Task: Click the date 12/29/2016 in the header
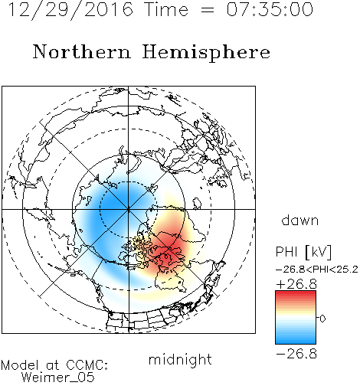pyautogui.click(x=70, y=10)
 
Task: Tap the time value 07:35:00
pyautogui.click(x=270, y=10)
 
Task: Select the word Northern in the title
pyautogui.click(x=82, y=51)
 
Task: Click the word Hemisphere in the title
pyautogui.click(x=206, y=53)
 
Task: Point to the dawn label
pyautogui.click(x=300, y=221)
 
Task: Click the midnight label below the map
pyautogui.click(x=180, y=360)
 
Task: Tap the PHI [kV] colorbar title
pyautogui.click(x=303, y=252)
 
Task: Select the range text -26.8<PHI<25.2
pyautogui.click(x=317, y=270)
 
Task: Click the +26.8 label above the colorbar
pyautogui.click(x=296, y=284)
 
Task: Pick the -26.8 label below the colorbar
pyautogui.click(x=296, y=354)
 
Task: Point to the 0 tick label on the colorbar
pyautogui.click(x=322, y=319)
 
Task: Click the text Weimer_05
pyautogui.click(x=58, y=378)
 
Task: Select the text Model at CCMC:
pyautogui.click(x=54, y=365)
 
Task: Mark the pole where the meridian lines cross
pyautogui.click(x=129, y=209)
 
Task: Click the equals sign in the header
pyautogui.click(x=207, y=10)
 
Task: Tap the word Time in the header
pyautogui.click(x=166, y=10)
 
